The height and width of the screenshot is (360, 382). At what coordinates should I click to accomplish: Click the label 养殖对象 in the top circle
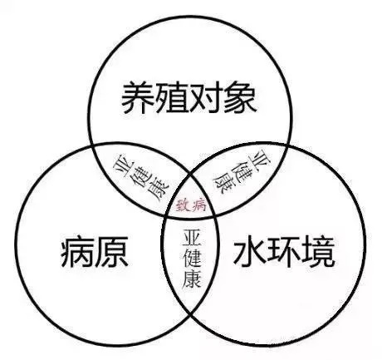189,97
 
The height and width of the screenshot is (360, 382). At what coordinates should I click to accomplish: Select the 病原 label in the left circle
94,252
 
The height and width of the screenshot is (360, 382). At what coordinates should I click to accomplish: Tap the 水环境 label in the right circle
284,254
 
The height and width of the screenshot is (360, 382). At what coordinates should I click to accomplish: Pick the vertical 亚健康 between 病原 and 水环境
192,259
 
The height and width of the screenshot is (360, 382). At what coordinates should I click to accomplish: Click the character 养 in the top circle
138,97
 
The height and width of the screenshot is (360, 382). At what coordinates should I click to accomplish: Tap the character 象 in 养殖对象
240,97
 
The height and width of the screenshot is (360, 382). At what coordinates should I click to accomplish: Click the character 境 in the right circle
319,254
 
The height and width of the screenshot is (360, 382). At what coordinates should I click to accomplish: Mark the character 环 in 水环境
284,254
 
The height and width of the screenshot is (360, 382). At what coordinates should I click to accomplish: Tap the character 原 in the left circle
112,252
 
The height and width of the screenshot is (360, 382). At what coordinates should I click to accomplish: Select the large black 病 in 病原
77,252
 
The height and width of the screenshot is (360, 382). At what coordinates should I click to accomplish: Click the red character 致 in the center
184,205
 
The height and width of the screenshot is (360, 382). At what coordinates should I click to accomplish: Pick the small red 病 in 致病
199,205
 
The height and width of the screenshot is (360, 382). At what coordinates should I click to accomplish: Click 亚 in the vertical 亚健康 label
192,237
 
